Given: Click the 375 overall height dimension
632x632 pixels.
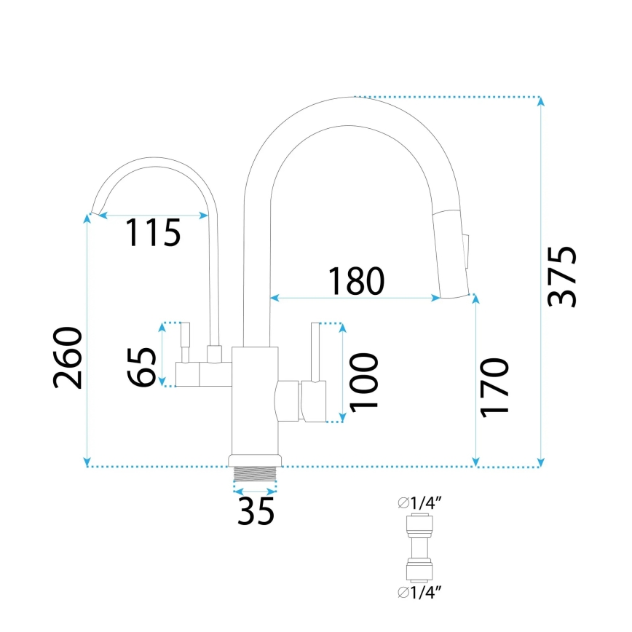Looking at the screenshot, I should tap(563, 277).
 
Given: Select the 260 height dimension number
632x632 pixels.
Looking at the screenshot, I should tap(68, 358).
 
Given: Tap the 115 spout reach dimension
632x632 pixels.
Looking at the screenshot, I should tap(153, 233).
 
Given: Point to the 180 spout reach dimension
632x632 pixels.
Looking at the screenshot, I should tap(355, 281).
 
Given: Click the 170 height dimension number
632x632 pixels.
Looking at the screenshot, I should tap(494, 387).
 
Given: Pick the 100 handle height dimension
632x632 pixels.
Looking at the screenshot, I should tap(363, 382).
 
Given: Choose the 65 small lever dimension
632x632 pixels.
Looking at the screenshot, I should tap(142, 367).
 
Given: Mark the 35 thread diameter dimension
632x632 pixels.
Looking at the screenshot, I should tap(256, 510).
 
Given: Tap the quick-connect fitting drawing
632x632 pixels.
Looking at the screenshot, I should tap(419, 547).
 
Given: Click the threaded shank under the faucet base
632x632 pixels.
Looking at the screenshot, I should tap(255, 473).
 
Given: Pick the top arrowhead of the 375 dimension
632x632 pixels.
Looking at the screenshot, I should tap(540, 101).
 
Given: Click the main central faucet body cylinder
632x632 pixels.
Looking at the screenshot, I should tap(255, 400).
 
